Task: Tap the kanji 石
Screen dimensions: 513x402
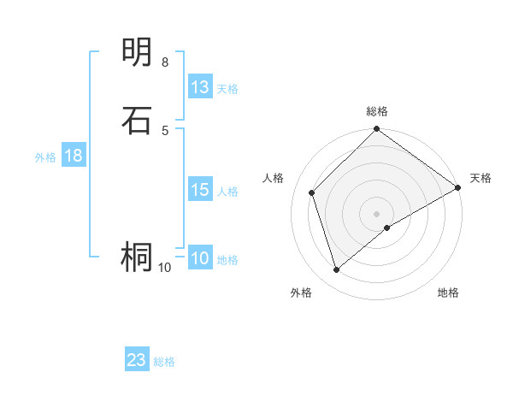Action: pyautogui.click(x=138, y=120)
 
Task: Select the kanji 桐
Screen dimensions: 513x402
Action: pyautogui.click(x=138, y=257)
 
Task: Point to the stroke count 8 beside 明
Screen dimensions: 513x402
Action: pyautogui.click(x=165, y=62)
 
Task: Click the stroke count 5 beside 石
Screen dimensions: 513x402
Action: pyautogui.click(x=165, y=130)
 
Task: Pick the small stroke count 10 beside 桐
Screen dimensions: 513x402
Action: pyautogui.click(x=165, y=268)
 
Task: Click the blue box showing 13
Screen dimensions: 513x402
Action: pyautogui.click(x=200, y=87)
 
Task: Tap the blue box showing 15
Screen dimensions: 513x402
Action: pyautogui.click(x=200, y=190)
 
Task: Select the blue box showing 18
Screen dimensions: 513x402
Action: pyautogui.click(x=74, y=156)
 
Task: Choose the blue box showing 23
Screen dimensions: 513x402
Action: pyautogui.click(x=137, y=360)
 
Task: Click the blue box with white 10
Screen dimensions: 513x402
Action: pyautogui.click(x=200, y=258)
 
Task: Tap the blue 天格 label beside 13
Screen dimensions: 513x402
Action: pyautogui.click(x=227, y=89)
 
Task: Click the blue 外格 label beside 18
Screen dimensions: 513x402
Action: pyautogui.click(x=45, y=157)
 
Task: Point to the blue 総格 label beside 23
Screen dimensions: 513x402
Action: pyautogui.click(x=164, y=362)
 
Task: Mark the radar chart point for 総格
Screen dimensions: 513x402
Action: pyautogui.click(x=376, y=130)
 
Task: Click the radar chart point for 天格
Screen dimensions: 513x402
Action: pyautogui.click(x=457, y=187)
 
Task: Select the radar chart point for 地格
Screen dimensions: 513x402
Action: pyautogui.click(x=387, y=228)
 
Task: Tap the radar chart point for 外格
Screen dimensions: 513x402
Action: pyautogui.click(x=336, y=269)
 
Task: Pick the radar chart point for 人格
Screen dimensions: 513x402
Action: pyautogui.click(x=312, y=192)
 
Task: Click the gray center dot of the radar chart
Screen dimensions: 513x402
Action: pyautogui.click(x=376, y=213)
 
